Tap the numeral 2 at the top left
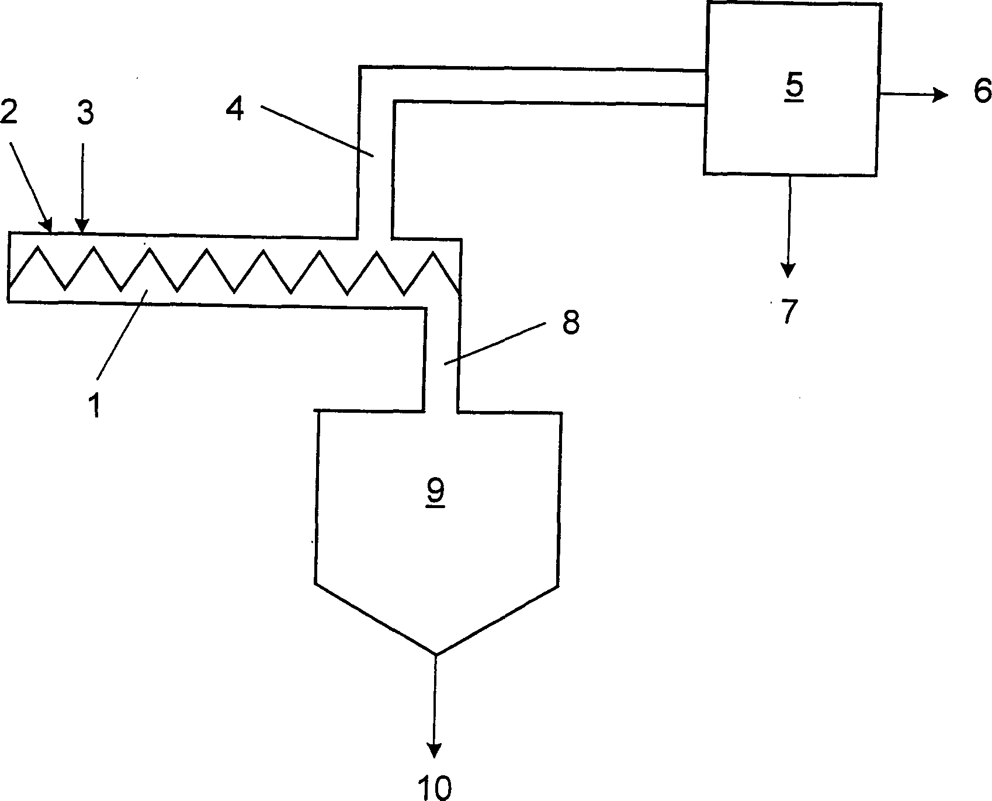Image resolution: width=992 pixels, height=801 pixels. point(10,112)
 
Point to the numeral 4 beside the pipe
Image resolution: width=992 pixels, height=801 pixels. point(235,109)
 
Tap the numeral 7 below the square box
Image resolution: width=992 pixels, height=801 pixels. point(789,311)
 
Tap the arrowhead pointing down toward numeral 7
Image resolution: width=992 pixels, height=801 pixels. point(789,270)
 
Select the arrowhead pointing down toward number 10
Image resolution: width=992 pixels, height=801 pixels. point(435,750)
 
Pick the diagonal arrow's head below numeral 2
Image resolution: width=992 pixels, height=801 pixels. point(47,225)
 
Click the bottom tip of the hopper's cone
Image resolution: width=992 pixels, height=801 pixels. point(436,654)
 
